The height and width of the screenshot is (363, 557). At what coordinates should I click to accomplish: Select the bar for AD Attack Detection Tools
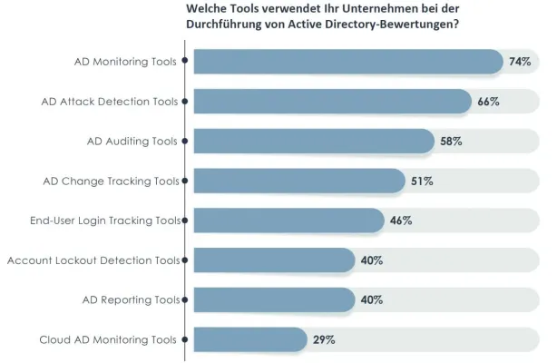coord(332,102)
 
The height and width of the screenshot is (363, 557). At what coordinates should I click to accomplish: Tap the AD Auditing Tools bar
coord(313,142)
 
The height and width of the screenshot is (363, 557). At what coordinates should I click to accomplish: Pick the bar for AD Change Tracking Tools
coord(298,181)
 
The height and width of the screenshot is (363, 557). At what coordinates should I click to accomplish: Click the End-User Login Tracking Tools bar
coord(288,221)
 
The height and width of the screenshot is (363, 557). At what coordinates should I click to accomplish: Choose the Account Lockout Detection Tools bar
coord(273,260)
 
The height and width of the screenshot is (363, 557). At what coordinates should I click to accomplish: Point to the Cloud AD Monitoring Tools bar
coord(249,340)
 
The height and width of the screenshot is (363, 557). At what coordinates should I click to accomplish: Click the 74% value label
coord(520,62)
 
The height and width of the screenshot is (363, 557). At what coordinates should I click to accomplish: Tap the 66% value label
coord(488,102)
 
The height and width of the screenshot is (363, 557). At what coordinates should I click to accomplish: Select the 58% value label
coord(452,142)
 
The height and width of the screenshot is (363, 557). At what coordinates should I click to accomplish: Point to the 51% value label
coord(422,181)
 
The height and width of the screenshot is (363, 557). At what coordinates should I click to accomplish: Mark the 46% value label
coord(402,221)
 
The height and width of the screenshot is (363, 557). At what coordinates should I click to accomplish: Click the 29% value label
coord(325,340)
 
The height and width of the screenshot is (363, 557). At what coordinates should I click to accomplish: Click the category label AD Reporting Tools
coord(132,300)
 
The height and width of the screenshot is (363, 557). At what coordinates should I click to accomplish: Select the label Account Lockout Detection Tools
coord(93,260)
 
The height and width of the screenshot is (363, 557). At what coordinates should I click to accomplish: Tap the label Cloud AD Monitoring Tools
coord(108,340)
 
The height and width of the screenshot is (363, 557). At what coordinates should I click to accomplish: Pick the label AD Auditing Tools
coord(132,142)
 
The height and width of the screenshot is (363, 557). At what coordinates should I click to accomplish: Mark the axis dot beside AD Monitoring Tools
coord(186,62)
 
